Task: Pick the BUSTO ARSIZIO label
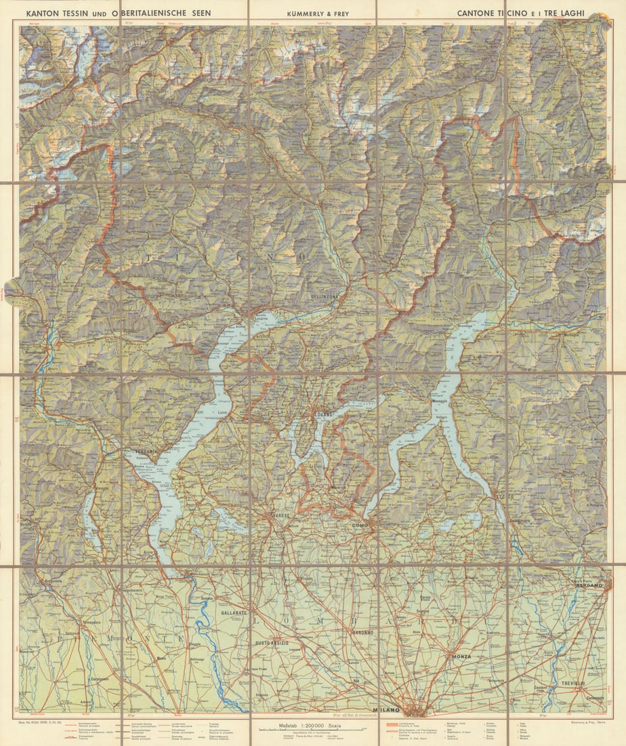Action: coord(272,642)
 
